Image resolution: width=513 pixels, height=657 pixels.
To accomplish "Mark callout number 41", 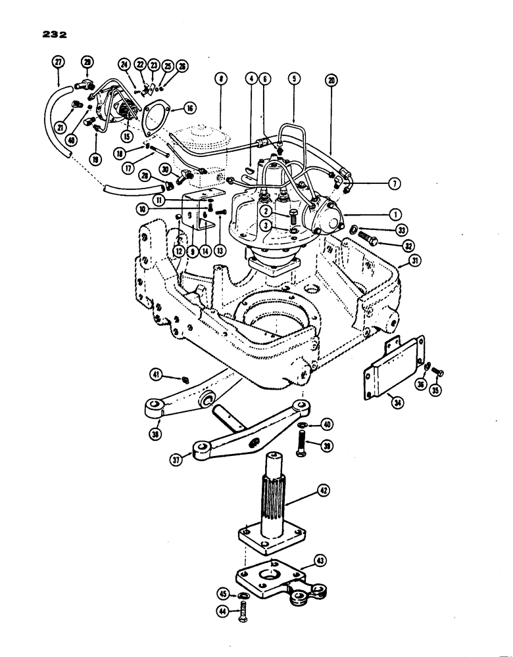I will [174, 376].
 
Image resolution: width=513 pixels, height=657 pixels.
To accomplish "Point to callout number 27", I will [58, 61].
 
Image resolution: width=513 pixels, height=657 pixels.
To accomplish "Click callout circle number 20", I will [330, 79].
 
